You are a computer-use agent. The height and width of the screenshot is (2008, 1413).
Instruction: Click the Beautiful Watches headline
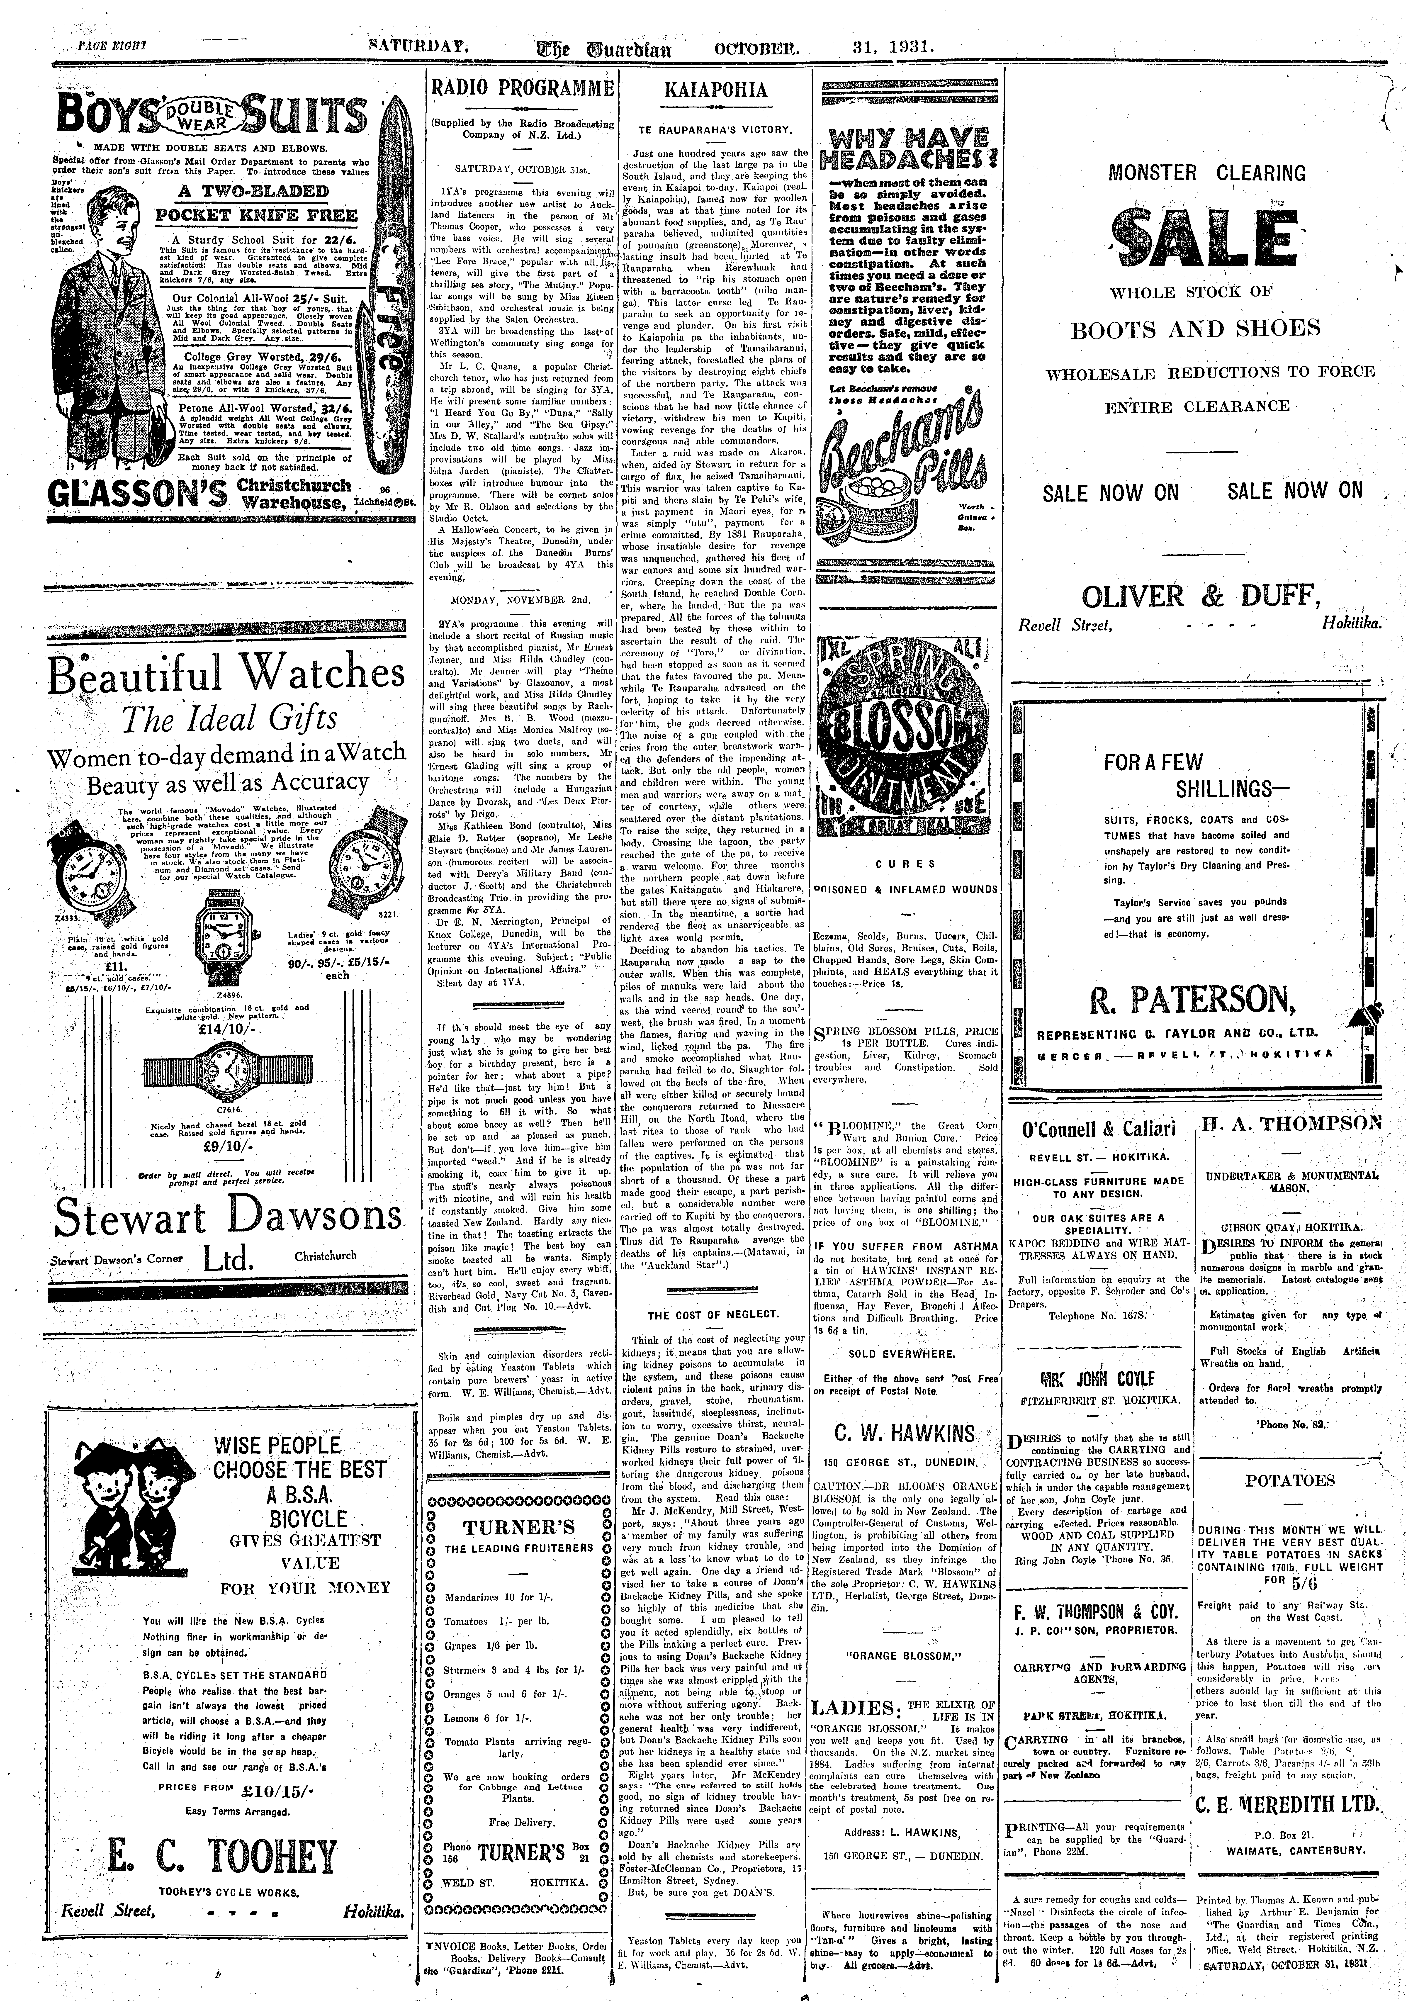[227, 673]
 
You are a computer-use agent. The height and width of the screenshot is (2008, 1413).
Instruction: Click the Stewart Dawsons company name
[227, 1218]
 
